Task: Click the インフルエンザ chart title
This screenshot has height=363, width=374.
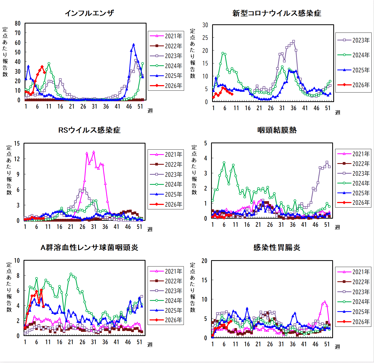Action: pos(89,13)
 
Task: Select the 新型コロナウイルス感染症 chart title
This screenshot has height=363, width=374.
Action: pos(277,13)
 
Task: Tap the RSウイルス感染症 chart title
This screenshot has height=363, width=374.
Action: pos(89,130)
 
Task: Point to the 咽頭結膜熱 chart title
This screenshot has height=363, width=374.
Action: pos(277,130)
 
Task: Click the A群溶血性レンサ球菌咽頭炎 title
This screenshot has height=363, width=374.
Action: pos(89,247)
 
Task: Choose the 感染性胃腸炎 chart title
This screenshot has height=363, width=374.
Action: pos(277,247)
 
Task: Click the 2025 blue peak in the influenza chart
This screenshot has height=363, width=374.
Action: pos(134,45)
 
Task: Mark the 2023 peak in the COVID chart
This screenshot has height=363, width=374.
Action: pos(294,42)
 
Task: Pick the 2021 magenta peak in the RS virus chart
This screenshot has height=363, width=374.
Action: pos(94,152)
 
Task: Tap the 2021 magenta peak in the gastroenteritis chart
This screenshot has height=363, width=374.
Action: pos(325,302)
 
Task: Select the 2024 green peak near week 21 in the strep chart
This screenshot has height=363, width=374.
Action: pos(71,274)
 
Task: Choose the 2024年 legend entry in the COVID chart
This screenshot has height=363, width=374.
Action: pos(353,55)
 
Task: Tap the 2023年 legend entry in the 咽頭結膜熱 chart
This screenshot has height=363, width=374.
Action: pos(353,173)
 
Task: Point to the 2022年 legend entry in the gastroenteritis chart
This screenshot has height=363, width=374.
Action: pos(353,282)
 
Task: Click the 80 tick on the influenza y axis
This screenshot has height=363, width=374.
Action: pos(18,24)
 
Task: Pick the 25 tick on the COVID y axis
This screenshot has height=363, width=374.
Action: pos(205,38)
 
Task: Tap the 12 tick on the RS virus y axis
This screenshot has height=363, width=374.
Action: pos(17,159)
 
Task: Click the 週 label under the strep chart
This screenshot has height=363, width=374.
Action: pos(150,344)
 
